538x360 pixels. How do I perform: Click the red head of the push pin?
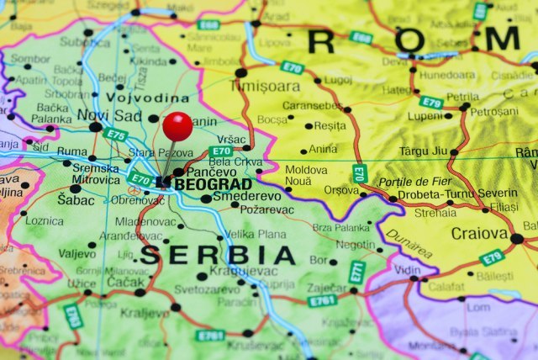click(177, 126)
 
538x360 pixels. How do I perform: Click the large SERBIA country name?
click(218, 255)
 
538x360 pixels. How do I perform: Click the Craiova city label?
click(479, 233)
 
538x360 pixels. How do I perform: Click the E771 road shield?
click(357, 271)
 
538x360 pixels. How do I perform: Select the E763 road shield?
click(74, 315)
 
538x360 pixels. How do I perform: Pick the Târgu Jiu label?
click(423, 152)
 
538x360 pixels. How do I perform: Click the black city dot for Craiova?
click(516, 239)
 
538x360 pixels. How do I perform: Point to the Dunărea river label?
click(407, 246)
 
